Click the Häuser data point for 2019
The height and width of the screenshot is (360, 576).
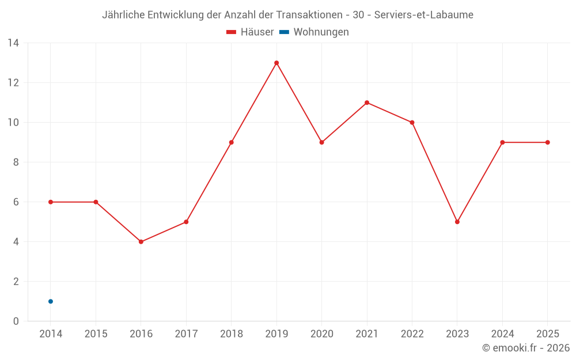(276, 63)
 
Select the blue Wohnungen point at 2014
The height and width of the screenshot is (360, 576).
(51, 301)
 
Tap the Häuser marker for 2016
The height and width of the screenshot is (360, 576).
(141, 242)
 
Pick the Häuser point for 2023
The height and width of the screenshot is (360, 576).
(457, 222)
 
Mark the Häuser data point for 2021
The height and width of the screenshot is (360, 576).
(367, 103)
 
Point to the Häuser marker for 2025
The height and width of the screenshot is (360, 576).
(548, 142)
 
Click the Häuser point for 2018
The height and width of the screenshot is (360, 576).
(232, 142)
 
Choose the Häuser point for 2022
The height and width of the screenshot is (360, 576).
(412, 122)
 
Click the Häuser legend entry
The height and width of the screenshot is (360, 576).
(250, 32)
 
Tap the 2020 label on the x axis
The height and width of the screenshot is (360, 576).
(321, 334)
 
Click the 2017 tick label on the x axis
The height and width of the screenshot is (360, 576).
(186, 334)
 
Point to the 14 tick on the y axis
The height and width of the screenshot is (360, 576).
(13, 43)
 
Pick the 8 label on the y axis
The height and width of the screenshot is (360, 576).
(16, 162)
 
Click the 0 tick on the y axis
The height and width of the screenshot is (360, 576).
(16, 321)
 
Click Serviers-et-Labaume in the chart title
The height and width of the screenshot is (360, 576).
(424, 15)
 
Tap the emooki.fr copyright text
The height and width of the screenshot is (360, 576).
(526, 348)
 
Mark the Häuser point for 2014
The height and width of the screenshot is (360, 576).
(51, 202)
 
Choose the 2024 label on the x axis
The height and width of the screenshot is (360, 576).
(502, 334)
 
